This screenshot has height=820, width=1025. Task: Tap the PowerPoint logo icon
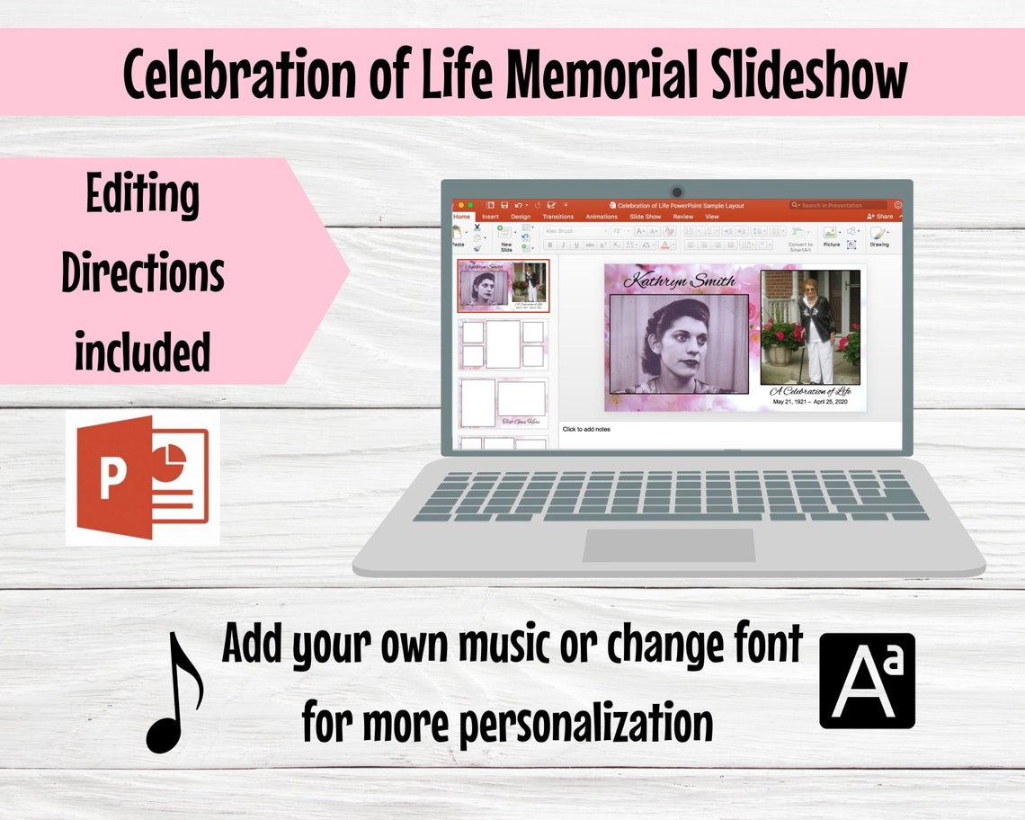(x=142, y=477)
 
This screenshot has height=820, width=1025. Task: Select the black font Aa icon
(x=867, y=681)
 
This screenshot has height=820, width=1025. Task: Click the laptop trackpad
(x=669, y=545)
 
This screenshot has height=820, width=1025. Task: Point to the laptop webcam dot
(x=676, y=192)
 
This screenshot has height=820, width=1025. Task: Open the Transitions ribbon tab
(x=557, y=217)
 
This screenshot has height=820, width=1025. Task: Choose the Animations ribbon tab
(x=602, y=217)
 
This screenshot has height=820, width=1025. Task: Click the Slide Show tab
(x=645, y=217)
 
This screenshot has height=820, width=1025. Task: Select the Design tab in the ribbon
(x=521, y=217)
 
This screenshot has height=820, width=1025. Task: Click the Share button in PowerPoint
(x=880, y=217)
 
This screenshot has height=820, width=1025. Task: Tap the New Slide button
(x=506, y=241)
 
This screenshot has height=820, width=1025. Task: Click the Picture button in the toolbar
(x=831, y=237)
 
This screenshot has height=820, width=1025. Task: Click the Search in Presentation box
(x=838, y=205)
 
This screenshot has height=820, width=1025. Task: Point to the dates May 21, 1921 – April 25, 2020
(x=811, y=402)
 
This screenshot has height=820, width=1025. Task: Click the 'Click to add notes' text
(x=586, y=429)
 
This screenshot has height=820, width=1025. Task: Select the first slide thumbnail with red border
(x=504, y=286)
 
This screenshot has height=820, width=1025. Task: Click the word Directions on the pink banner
(x=142, y=273)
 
